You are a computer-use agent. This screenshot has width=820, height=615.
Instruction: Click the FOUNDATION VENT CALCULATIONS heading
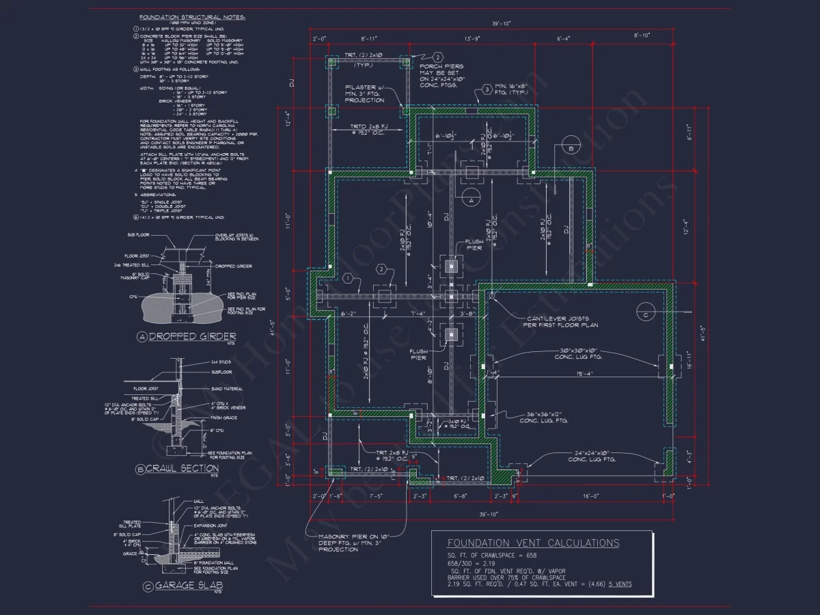pos(533,543)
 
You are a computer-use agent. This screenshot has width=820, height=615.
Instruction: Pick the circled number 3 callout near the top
pos(486,90)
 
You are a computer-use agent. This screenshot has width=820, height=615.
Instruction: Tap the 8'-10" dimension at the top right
pos(642,35)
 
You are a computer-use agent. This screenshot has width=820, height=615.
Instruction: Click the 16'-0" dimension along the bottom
pos(590,496)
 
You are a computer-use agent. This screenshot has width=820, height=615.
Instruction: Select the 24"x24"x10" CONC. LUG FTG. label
pos(592,456)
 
